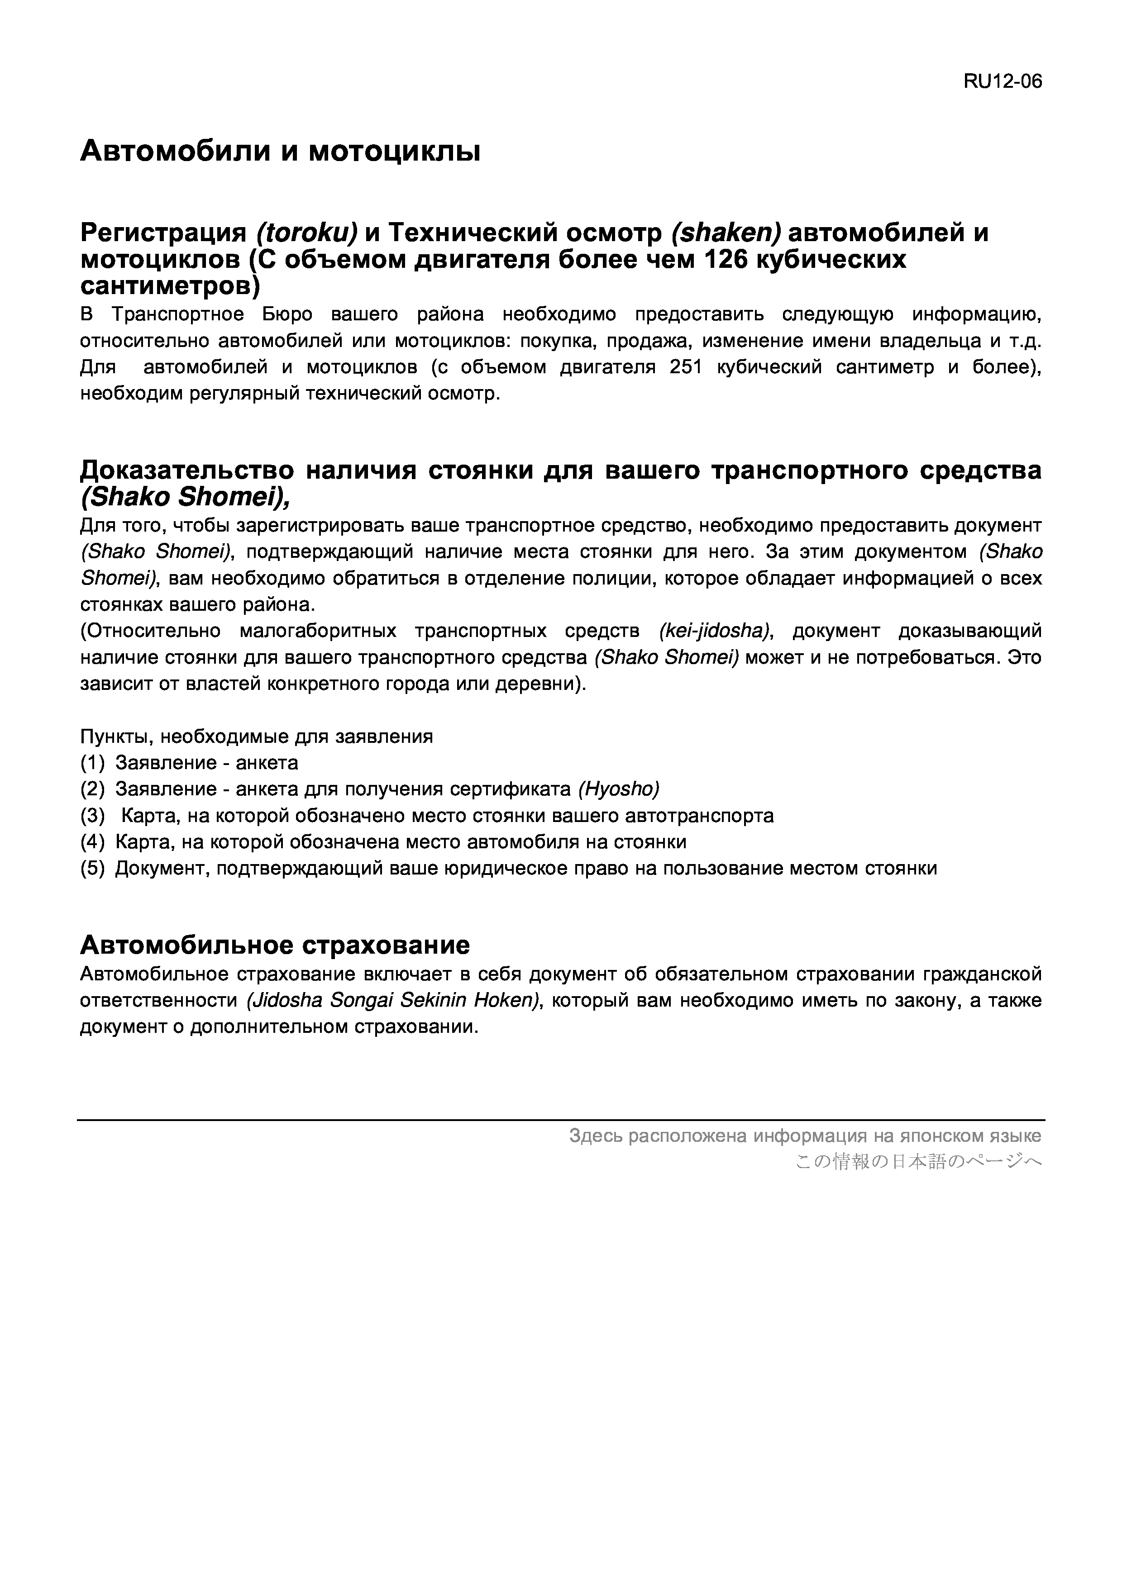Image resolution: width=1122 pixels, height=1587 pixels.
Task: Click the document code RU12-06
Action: (x=1003, y=81)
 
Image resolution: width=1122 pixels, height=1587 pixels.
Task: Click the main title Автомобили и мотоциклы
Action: (x=280, y=151)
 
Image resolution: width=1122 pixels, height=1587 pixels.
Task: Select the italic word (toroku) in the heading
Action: (x=306, y=233)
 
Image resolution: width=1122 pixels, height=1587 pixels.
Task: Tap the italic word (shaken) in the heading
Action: (x=725, y=233)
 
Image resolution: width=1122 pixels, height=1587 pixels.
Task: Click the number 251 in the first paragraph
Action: (x=686, y=367)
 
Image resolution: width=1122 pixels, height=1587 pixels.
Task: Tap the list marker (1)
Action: (x=93, y=763)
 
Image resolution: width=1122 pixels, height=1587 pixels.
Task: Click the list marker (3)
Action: (x=93, y=816)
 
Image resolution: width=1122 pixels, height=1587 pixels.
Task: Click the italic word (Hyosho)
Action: (x=619, y=789)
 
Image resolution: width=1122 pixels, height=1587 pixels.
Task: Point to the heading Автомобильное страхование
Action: (x=275, y=944)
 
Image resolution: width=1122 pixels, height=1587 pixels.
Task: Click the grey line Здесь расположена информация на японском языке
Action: (x=805, y=1136)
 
